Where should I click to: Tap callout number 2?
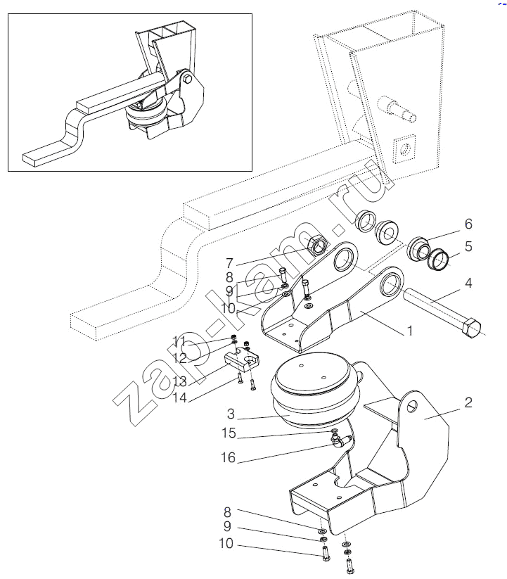[x=467, y=403]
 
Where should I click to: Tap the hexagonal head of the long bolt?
[x=470, y=328]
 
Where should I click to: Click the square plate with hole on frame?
[x=404, y=148]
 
